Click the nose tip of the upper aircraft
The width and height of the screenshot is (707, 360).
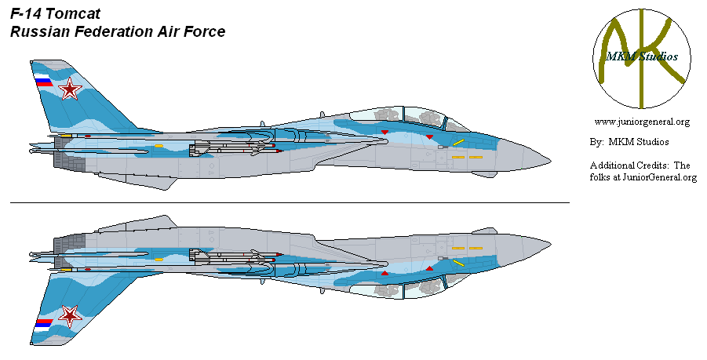(x=551, y=160)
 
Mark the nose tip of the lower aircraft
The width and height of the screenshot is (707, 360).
(x=551, y=245)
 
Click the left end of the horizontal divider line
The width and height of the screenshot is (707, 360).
(x=11, y=203)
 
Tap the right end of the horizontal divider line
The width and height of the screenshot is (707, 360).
(x=569, y=203)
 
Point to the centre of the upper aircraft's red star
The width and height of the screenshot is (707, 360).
(x=70, y=89)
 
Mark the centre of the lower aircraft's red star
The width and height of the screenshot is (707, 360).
(x=70, y=316)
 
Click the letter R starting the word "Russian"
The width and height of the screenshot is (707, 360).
(x=16, y=32)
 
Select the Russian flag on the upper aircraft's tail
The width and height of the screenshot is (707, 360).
(x=44, y=80)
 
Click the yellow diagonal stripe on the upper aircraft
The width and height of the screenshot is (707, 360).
(x=458, y=143)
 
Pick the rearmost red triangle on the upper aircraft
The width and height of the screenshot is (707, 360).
(x=384, y=132)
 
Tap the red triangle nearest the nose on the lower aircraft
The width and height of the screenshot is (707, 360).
(x=430, y=268)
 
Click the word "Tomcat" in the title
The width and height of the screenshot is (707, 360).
(x=73, y=14)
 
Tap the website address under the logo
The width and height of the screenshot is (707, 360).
(x=642, y=122)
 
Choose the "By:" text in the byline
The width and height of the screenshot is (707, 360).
(x=597, y=142)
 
